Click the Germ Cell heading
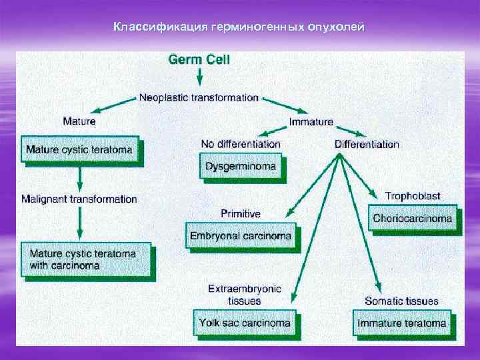[x=199, y=59]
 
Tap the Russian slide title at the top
[x=239, y=27]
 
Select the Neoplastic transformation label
[x=199, y=97]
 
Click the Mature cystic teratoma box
[x=79, y=149]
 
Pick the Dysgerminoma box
[x=241, y=166]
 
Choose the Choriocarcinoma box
[x=412, y=218]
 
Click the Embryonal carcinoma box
[x=241, y=235]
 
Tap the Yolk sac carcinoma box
[x=245, y=323]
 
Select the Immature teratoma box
[x=401, y=323]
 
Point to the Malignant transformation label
[x=79, y=199]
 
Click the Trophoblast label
[x=413, y=196]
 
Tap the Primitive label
[x=241, y=214]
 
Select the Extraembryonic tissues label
[x=244, y=294]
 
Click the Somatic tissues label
[x=401, y=301]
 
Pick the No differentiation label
[x=241, y=144]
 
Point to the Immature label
[x=311, y=122]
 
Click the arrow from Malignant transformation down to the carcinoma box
[x=79, y=223]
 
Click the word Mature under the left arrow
[x=79, y=121]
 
